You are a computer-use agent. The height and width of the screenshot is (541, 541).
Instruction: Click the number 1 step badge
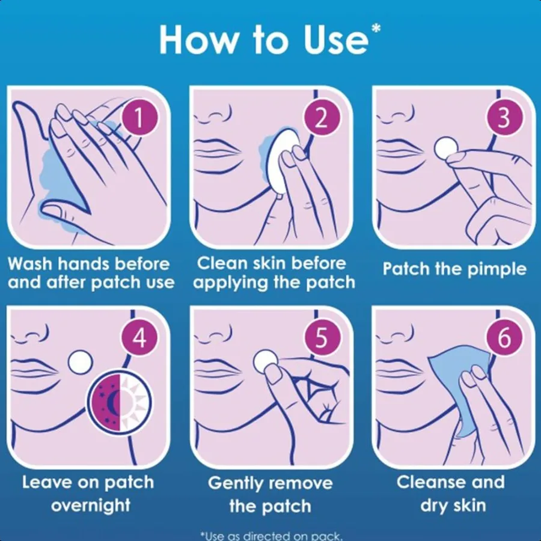pyautogui.click(x=138, y=118)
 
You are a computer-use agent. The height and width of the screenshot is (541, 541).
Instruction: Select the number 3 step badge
pyautogui.click(x=504, y=118)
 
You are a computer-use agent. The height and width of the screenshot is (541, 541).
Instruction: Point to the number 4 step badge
pyautogui.click(x=138, y=338)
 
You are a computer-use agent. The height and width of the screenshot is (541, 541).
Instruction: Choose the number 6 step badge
pyautogui.click(x=504, y=338)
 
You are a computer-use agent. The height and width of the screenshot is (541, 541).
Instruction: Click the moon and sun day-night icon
pyautogui.click(x=120, y=402)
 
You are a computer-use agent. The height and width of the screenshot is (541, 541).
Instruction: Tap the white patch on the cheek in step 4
pyautogui.click(x=80, y=362)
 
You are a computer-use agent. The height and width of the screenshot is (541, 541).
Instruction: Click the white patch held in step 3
pyautogui.click(x=446, y=147)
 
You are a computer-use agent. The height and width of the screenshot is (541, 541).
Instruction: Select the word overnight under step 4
pyautogui.click(x=91, y=505)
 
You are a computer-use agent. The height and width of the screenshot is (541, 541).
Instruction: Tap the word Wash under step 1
pyautogui.click(x=33, y=264)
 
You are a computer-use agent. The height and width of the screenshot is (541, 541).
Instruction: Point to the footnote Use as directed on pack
pyautogui.click(x=270, y=535)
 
